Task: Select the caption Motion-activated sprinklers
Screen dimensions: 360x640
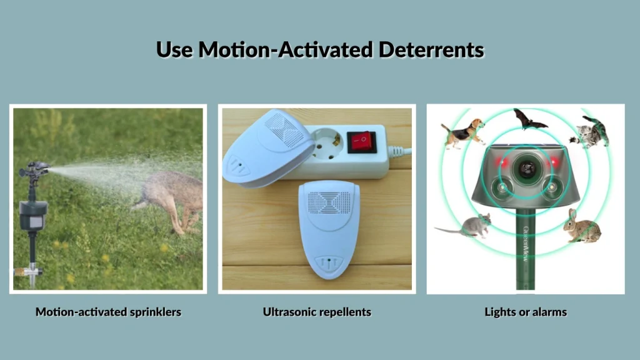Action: tap(108, 311)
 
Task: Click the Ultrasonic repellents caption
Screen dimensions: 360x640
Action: tap(317, 311)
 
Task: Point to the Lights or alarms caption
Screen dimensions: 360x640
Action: tap(526, 311)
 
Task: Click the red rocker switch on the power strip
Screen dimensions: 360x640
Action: tap(361, 141)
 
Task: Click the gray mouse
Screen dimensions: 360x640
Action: tap(467, 226)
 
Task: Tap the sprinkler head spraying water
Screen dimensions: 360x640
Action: tap(34, 169)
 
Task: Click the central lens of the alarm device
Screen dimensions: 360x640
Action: tap(526, 167)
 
